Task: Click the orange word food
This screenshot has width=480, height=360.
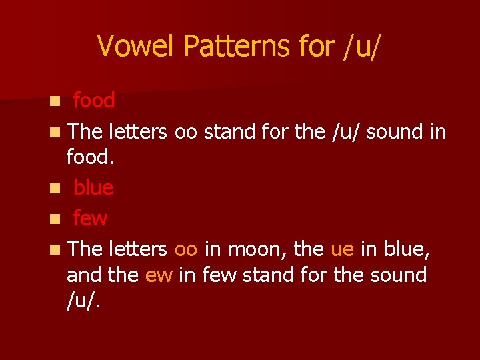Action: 94,101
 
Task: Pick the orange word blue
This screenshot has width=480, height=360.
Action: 93,188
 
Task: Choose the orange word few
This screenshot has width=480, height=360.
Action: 90,217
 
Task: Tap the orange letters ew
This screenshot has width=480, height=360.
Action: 159,275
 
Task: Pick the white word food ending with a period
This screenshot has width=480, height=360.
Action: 90,158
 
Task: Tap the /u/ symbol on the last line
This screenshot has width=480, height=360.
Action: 83,301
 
